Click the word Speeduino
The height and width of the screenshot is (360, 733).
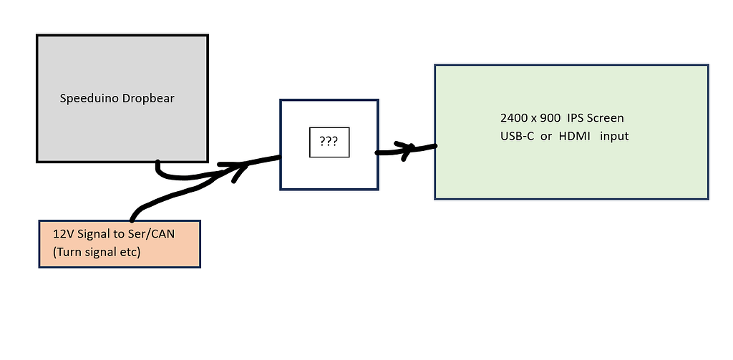[x=84, y=99]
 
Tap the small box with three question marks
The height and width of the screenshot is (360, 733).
[x=329, y=142]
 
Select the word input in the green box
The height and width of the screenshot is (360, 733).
[x=614, y=136]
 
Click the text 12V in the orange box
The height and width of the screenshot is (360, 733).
[x=62, y=233]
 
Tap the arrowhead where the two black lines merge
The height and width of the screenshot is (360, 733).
[x=240, y=169]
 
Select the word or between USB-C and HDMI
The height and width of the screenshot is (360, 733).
[x=546, y=136]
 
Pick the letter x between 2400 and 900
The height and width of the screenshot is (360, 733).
[x=535, y=117]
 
